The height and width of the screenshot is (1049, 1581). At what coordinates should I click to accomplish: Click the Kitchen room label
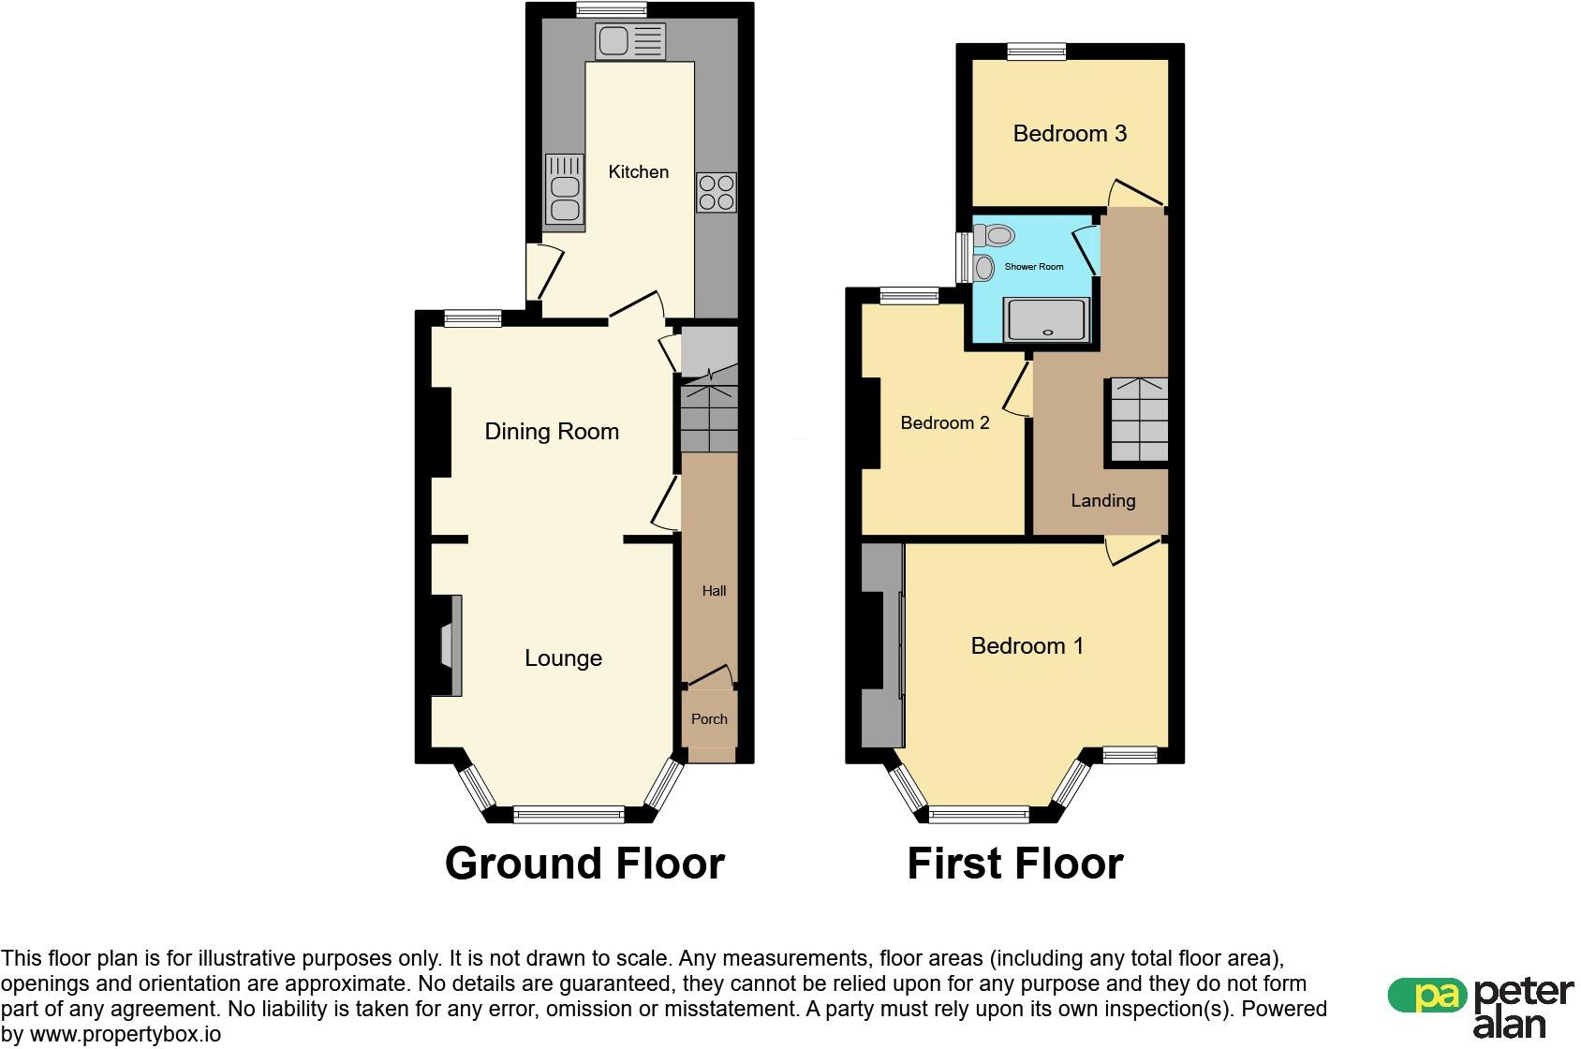[x=638, y=171]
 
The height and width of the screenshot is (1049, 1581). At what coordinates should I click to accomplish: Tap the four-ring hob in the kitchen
[x=717, y=192]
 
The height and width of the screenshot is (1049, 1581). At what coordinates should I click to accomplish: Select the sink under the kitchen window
[x=630, y=41]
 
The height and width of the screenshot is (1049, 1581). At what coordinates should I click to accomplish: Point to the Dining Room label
[x=552, y=431]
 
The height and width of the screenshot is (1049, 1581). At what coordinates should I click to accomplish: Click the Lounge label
[x=563, y=657]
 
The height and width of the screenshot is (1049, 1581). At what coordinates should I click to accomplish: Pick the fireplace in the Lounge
[x=451, y=645]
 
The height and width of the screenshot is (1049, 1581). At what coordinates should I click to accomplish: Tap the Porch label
[x=709, y=718]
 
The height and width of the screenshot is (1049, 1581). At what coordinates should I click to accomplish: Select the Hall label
[x=714, y=591]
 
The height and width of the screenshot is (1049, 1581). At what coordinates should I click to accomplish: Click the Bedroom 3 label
[x=1070, y=133]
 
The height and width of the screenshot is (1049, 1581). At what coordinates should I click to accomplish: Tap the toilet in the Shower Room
[x=994, y=235]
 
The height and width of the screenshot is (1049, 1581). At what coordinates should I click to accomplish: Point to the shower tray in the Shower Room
[x=1047, y=319]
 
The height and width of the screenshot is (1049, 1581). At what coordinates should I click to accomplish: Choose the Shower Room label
[x=1033, y=267]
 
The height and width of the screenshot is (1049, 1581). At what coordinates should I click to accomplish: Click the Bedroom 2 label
[x=944, y=422]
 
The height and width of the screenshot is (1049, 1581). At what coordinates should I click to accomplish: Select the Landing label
[x=1103, y=501]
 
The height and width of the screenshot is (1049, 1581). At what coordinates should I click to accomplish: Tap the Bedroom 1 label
[x=1027, y=645]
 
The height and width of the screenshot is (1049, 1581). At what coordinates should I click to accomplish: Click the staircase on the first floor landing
[x=1139, y=420]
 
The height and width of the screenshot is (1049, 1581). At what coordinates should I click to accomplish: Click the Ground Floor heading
[x=584, y=864]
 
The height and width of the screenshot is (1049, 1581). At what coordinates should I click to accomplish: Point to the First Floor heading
[x=1015, y=864]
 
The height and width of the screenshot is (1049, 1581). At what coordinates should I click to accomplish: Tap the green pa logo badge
[x=1427, y=995]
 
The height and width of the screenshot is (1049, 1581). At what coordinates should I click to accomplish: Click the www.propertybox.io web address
[x=125, y=1035]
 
